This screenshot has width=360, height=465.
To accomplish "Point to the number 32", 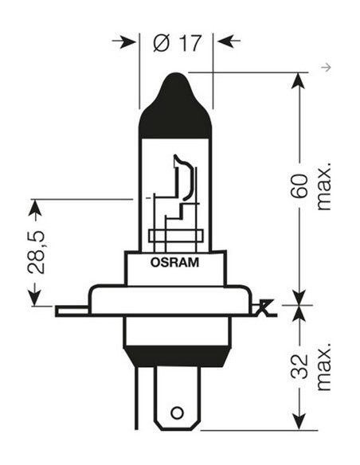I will (x=299, y=367).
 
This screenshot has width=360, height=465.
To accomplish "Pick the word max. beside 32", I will (x=323, y=368).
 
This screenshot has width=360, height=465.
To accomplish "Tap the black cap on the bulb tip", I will (x=175, y=107).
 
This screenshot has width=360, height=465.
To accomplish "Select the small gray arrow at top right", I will (x=324, y=67).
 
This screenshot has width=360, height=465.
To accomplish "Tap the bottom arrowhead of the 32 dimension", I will (x=299, y=421).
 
